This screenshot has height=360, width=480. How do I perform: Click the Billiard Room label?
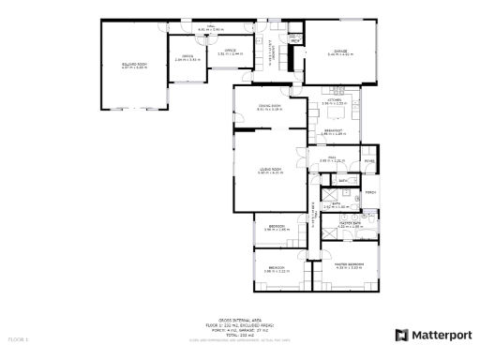coord(135,66)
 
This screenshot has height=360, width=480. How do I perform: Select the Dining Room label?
coord(270,107)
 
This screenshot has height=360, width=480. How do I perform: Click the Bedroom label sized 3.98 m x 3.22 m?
coord(277,268)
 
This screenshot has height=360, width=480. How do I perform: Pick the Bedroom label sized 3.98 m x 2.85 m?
coord(277,227)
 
